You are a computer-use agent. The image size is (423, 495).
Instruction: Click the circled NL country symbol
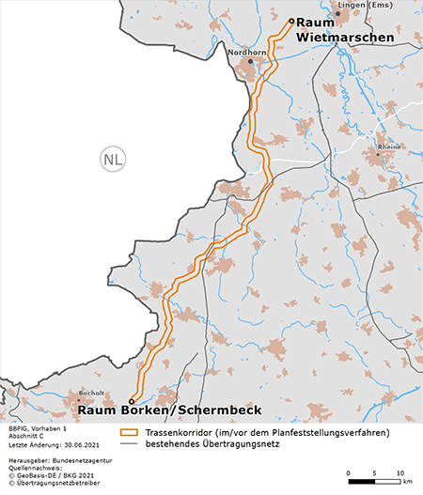click(x=113, y=159)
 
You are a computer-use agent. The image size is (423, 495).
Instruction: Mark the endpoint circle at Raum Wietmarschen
click(x=290, y=21)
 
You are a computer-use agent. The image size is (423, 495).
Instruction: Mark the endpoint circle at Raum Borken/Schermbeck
click(x=131, y=400)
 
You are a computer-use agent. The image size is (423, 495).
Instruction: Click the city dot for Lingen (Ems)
click(x=337, y=13)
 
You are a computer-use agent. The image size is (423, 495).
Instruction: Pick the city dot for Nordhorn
click(x=251, y=61)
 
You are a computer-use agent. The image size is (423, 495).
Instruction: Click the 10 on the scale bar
click(x=400, y=472)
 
